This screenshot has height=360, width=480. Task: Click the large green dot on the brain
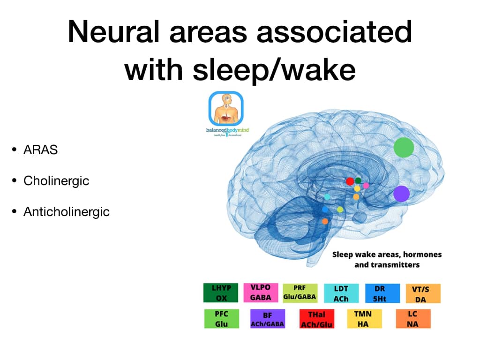[403, 148]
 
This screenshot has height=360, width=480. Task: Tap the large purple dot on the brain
[401, 194]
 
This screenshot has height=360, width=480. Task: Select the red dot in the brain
[350, 181]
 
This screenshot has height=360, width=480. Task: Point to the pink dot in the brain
[366, 186]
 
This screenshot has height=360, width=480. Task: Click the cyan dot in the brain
[327, 196]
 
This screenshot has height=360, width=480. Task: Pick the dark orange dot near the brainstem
[325, 221]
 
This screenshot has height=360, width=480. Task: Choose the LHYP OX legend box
[220, 293]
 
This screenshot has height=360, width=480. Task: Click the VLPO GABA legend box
[261, 293]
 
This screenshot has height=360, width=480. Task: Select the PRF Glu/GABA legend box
[300, 293]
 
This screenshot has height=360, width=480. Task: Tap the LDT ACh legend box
[341, 293]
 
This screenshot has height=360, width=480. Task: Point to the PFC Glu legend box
[221, 319]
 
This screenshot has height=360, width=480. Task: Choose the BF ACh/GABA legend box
[267, 319]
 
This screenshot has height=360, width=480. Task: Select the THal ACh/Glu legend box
[316, 319]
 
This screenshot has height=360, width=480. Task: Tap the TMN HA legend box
[364, 319]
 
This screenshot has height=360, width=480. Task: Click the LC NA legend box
[412, 319]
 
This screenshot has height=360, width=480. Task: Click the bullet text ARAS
[41, 150]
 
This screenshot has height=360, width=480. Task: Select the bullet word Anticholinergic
[67, 211]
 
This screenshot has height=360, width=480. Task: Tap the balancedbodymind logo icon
[225, 109]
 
